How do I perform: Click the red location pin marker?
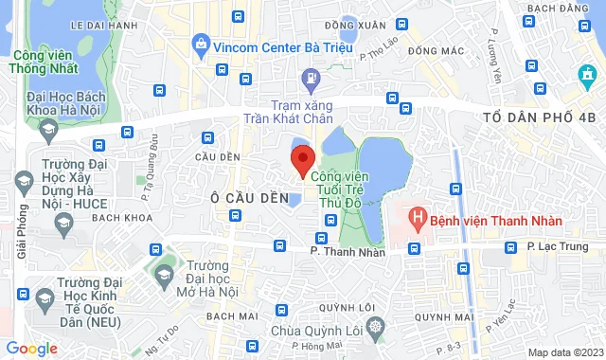tap(302, 161)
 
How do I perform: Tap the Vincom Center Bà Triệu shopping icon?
tap(201, 44)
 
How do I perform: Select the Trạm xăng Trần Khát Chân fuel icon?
tap(309, 78)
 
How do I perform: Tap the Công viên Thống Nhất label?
tap(45, 63)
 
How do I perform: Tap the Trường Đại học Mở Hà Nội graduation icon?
tap(164, 275)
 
